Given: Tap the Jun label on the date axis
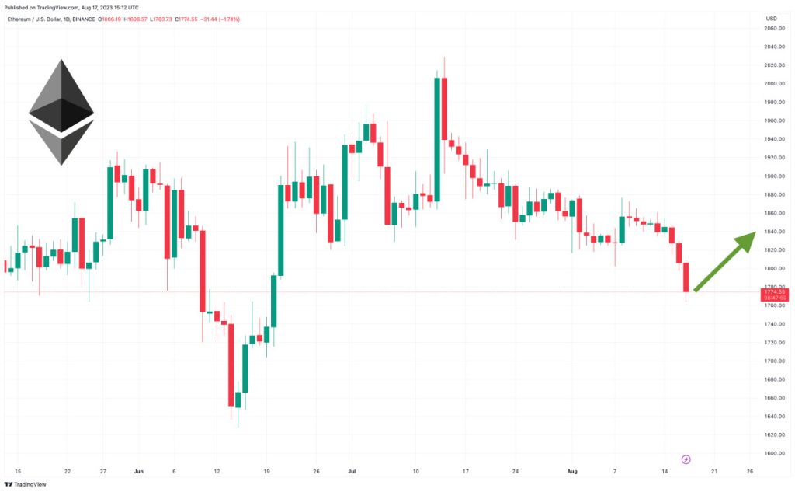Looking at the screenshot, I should pos(139,471).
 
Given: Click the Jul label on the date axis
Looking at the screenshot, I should pos(352,471).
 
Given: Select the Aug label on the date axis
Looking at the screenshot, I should pos(573,471).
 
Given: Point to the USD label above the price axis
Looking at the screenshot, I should pos(771,18).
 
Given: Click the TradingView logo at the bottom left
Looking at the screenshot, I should pos(26,483).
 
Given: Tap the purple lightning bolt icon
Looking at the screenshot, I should pos(686,459).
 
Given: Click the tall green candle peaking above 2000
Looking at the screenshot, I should pos(437,140).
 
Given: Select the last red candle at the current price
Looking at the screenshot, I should pos(686,277).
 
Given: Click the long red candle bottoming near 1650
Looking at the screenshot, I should pos(231,365).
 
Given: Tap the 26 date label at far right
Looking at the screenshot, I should pos(749,471).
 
